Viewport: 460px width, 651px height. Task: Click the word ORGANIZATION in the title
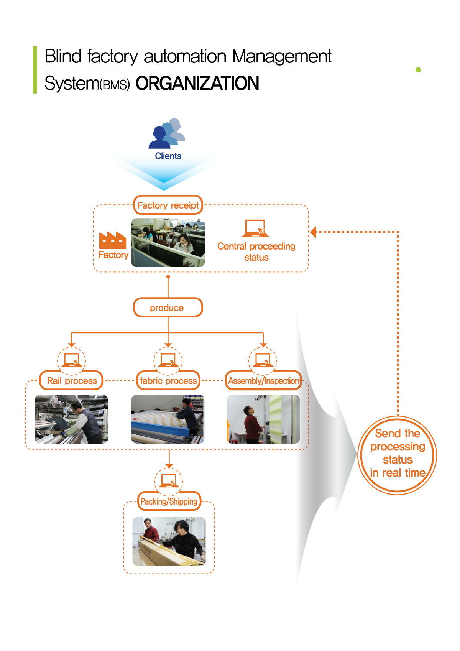[x=197, y=83]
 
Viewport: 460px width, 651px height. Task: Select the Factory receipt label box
[x=168, y=205]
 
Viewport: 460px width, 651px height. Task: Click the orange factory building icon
[x=113, y=240]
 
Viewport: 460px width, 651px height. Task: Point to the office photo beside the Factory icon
[x=168, y=243]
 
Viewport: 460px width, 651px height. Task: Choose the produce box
[x=168, y=308]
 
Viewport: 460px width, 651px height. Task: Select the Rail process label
[x=72, y=381]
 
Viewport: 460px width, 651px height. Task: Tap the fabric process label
[x=168, y=381]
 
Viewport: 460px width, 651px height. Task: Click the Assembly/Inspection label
[x=263, y=381]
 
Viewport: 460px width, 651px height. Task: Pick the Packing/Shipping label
[x=169, y=502]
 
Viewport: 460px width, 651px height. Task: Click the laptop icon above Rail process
[x=72, y=360]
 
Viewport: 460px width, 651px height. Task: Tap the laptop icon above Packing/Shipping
[x=168, y=481]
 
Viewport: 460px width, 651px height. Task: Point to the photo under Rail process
[x=72, y=419]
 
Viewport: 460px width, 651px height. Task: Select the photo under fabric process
[x=168, y=419]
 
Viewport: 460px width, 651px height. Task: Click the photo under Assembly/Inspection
[x=263, y=419]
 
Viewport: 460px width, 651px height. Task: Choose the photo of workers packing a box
[x=169, y=541]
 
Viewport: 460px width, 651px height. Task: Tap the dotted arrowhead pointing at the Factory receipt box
[x=314, y=232]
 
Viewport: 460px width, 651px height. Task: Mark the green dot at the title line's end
[x=418, y=70]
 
